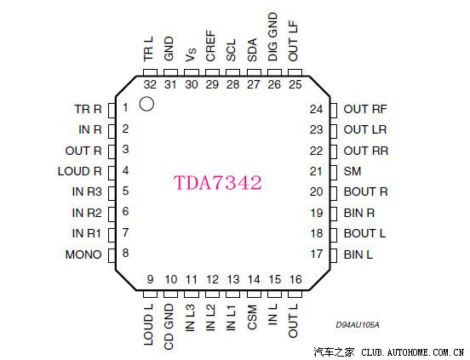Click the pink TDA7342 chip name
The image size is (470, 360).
click(217, 183)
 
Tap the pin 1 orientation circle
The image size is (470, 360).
click(146, 104)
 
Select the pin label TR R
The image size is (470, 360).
click(88, 109)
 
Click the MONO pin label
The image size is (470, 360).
click(83, 254)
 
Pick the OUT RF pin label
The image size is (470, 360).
click(365, 109)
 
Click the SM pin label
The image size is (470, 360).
click(352, 171)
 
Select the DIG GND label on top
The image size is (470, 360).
click(273, 36)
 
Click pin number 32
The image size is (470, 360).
click(150, 84)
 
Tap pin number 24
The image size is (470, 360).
click(317, 109)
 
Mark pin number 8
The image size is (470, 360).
click(125, 254)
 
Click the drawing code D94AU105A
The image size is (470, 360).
click(358, 325)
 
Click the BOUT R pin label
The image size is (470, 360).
click(365, 191)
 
